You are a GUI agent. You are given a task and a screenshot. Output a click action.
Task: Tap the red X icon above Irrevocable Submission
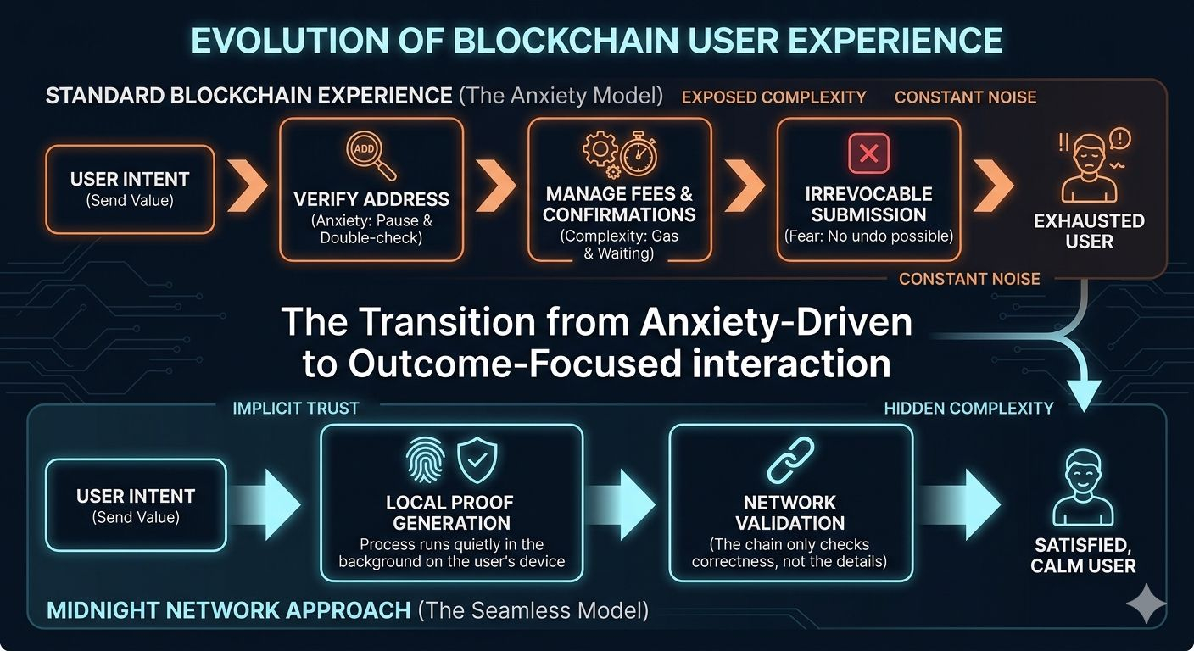[868, 153]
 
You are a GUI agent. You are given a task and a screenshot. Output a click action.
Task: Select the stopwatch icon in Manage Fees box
[639, 155]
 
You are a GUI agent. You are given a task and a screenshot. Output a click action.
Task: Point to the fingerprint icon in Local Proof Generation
[425, 460]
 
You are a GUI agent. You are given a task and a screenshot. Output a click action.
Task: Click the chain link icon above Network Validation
[790, 461]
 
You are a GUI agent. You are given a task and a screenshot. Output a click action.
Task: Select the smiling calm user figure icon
[1082, 489]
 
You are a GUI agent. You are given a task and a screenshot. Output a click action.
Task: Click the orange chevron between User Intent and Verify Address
[248, 189]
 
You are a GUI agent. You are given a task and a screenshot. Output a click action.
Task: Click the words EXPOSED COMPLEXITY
[773, 97]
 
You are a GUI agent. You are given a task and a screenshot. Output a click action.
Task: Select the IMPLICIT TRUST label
[295, 409]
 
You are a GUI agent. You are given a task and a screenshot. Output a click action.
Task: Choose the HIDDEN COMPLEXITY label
[968, 409]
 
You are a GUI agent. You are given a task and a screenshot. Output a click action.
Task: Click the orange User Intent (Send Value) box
[130, 189]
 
